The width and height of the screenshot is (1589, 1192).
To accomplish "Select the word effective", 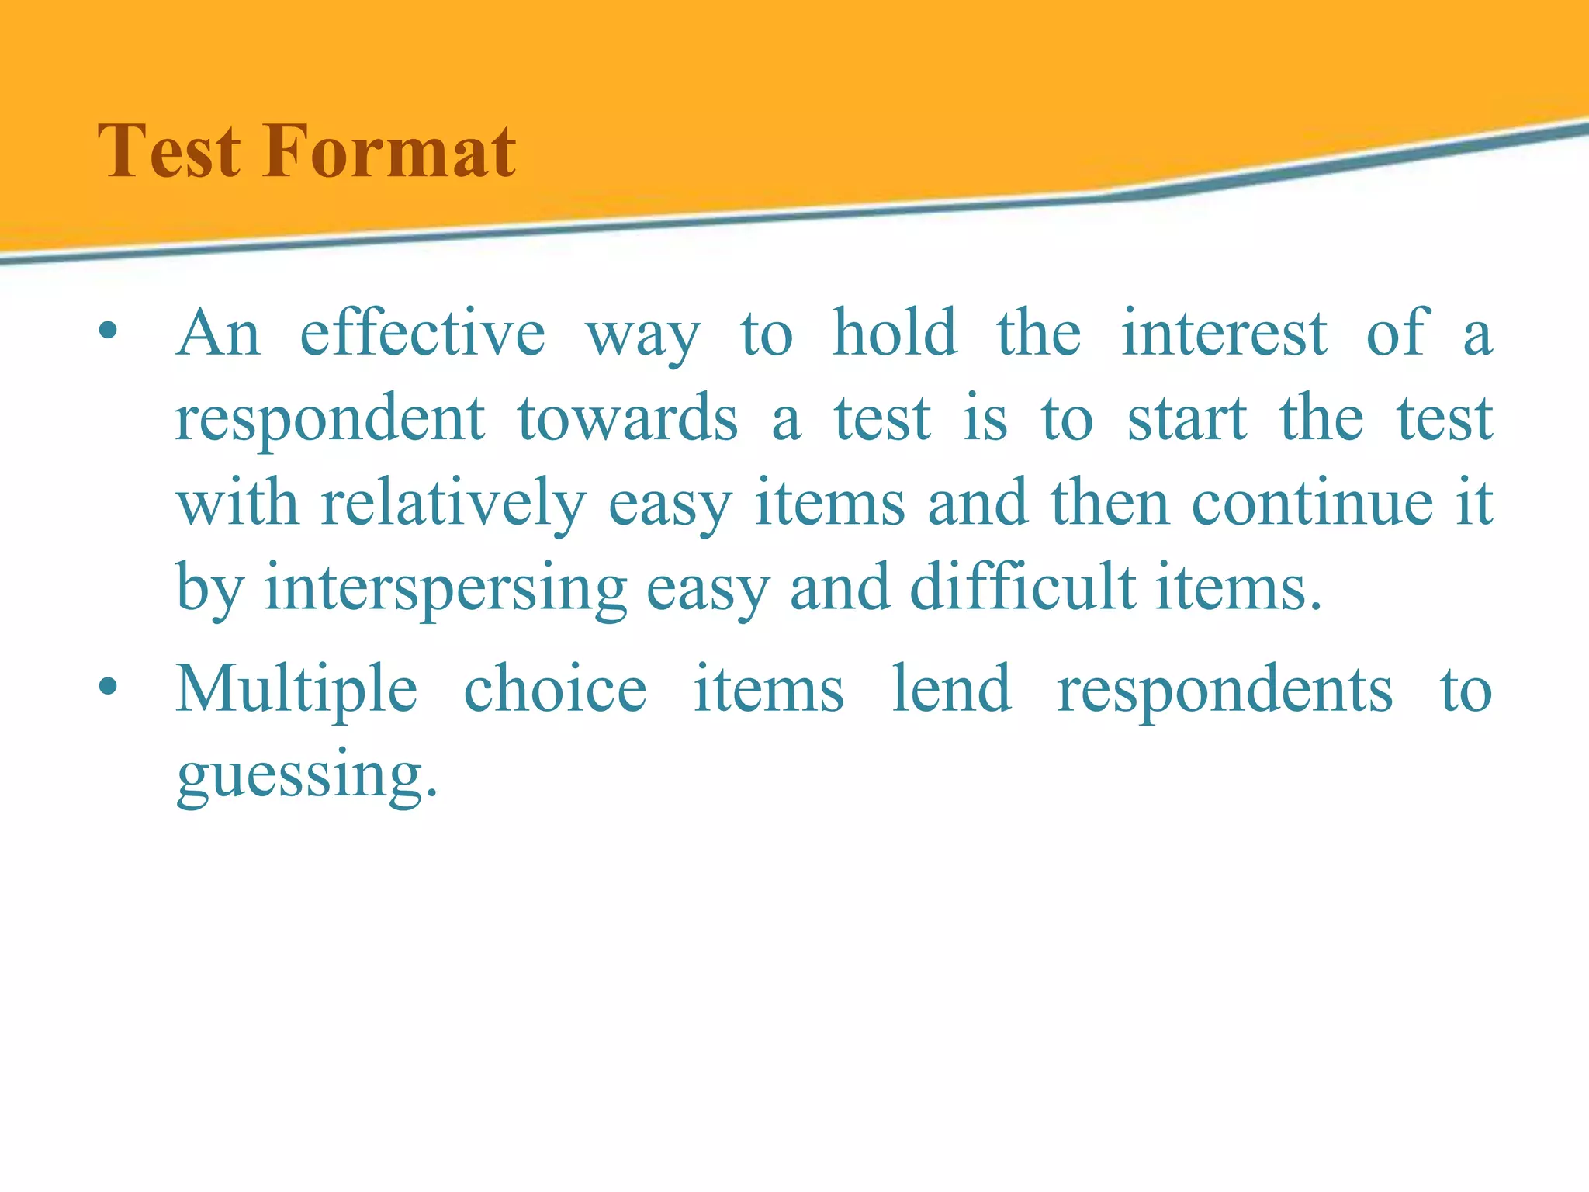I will pos(423,334).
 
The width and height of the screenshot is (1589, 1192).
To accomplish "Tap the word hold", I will pos(895,334).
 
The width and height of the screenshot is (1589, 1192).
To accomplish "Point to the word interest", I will pos(1224,334).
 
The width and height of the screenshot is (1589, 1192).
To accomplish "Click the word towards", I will pos(628,419).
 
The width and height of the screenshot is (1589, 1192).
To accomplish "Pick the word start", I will pos(1186,419).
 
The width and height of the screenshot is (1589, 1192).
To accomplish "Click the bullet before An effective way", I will pos(108,334).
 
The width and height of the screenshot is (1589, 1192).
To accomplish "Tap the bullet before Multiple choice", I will pos(108,688).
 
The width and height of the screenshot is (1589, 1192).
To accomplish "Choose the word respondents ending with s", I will pos(1224,691).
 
